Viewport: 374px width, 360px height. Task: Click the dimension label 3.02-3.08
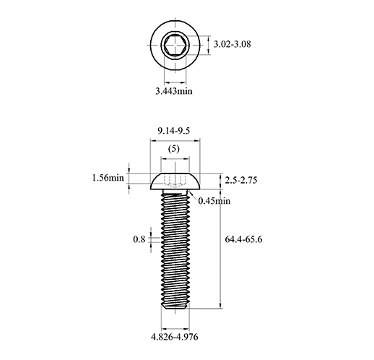(232, 44)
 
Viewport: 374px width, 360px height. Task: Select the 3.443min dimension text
(174, 91)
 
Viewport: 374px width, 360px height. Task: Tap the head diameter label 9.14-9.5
(174, 131)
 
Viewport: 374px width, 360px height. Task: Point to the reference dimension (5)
(174, 149)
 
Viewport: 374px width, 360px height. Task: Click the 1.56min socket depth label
(108, 178)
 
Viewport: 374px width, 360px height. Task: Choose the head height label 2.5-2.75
(241, 180)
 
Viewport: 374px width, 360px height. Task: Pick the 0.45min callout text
(214, 201)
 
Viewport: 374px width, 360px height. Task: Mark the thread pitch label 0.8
(139, 239)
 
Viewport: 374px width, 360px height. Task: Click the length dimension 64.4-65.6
(243, 239)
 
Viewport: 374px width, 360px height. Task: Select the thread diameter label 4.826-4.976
(175, 337)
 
